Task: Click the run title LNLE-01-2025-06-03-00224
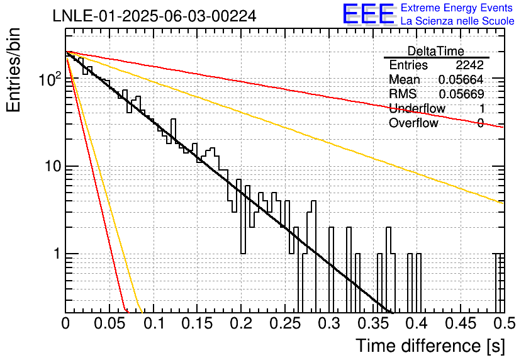154,16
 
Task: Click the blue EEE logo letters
369,14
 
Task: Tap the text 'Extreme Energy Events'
457,8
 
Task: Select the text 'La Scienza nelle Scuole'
457,21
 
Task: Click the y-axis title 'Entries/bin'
13,70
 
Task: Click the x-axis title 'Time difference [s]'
430,346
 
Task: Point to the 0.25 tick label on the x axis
286,323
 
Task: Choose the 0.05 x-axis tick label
109,323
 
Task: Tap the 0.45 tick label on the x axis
461,323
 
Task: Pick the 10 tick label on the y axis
53,166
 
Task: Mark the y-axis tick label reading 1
57,254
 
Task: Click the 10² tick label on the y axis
50,79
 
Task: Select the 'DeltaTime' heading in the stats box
436,51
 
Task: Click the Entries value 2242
469,65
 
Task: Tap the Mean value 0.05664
461,79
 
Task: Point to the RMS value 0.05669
461,94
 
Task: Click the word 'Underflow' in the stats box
417,108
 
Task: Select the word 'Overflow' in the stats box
413,123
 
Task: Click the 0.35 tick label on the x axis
373,323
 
